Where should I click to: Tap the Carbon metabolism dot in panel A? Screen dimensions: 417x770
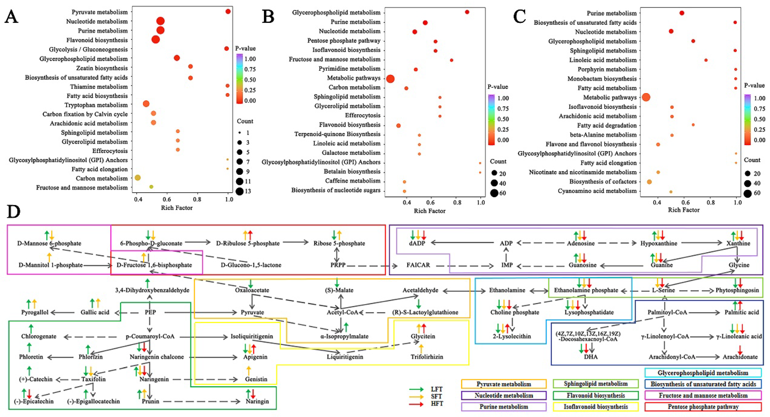click(x=138, y=178)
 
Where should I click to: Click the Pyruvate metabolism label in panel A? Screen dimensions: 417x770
click(x=100, y=12)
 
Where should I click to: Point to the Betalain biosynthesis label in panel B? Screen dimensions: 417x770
click(x=352, y=172)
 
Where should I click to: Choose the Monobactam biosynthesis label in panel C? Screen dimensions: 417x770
click(x=602, y=79)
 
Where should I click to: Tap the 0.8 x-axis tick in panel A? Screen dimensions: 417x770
click(x=197, y=199)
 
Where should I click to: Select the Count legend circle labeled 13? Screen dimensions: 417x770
click(x=239, y=191)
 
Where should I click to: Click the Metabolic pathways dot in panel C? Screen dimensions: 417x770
click(x=646, y=97)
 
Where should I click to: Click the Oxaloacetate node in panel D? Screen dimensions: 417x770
click(x=252, y=290)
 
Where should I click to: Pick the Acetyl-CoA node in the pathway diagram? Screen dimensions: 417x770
click(x=342, y=312)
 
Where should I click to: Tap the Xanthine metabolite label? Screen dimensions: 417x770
click(x=738, y=243)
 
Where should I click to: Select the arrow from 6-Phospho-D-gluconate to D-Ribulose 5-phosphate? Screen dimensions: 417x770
click(x=198, y=242)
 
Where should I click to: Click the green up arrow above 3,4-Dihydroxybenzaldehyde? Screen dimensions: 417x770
click(x=147, y=283)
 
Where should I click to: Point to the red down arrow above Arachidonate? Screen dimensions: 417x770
click(x=740, y=350)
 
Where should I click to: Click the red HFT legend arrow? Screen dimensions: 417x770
click(x=417, y=404)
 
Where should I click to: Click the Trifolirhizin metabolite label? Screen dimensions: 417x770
click(x=427, y=357)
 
